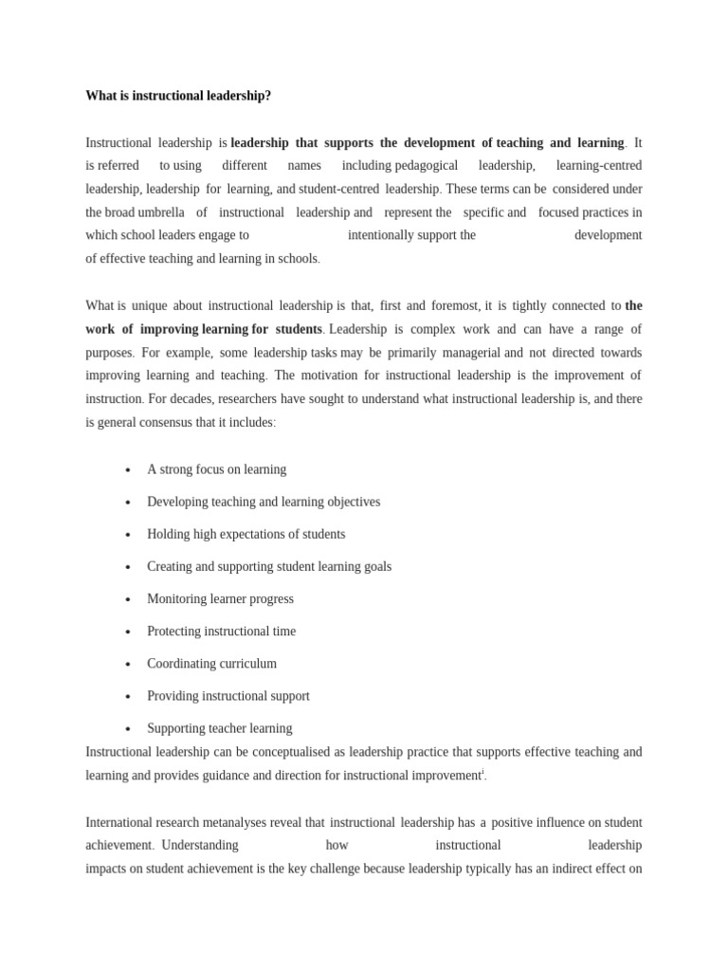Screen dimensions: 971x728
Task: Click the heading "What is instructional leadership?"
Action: coord(178,96)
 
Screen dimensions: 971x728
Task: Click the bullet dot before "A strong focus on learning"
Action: coord(127,470)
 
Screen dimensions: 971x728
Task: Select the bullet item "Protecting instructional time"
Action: coord(221,632)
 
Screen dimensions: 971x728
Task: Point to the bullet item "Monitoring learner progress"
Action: coord(220,599)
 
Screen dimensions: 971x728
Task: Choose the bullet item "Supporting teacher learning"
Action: coord(219,728)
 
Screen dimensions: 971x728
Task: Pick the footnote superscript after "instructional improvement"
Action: coord(483,772)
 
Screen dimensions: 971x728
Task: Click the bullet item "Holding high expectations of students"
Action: coord(246,535)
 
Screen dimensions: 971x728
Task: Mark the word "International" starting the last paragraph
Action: coord(119,822)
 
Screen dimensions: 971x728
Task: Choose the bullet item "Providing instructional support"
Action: coord(227,696)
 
